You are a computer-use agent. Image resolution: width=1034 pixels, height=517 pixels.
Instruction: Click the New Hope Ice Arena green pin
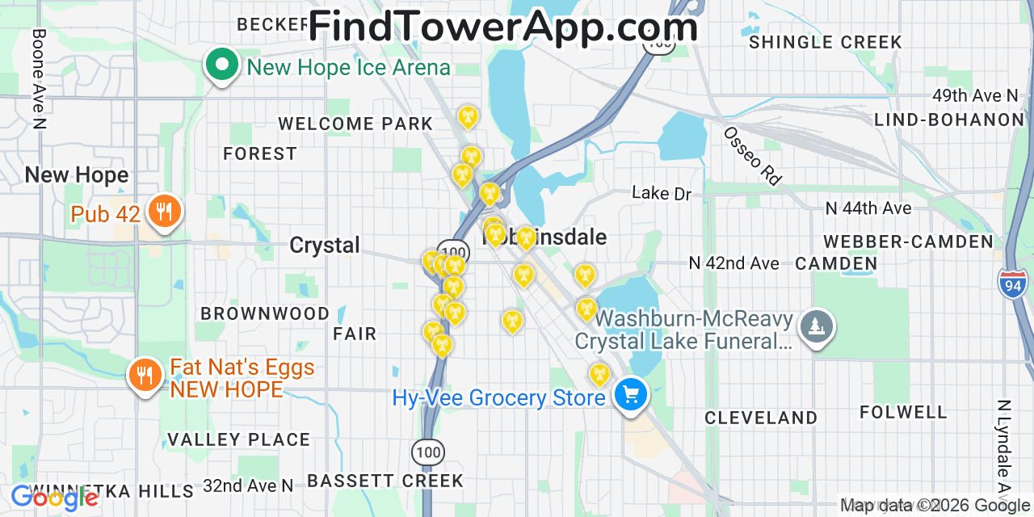(221, 65)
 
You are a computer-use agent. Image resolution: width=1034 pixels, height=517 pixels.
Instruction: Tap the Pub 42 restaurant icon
(165, 212)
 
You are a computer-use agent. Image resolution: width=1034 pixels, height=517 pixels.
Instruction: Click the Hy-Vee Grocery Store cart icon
(631, 395)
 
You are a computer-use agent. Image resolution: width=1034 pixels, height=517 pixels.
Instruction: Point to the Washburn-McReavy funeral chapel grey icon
(817, 326)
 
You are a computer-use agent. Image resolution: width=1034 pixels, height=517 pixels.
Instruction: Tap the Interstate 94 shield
(1012, 284)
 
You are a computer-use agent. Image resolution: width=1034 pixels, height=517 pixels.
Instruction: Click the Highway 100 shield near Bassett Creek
(427, 452)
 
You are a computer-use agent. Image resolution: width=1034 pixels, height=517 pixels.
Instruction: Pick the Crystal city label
(325, 246)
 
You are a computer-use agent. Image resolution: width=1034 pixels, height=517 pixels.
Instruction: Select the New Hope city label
(77, 175)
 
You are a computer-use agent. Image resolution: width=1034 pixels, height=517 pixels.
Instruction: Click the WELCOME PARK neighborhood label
(355, 124)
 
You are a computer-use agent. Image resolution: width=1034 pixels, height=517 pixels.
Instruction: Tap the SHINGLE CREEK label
(825, 43)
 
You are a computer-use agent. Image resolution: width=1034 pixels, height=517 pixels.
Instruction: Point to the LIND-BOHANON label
(948, 120)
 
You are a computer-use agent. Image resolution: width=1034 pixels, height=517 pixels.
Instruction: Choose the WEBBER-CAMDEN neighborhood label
(908, 242)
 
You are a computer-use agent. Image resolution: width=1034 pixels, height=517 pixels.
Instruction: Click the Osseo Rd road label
(752, 156)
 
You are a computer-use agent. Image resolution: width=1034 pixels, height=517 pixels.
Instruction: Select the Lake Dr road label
(662, 194)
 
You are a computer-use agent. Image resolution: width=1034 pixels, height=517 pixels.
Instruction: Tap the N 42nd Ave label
(733, 263)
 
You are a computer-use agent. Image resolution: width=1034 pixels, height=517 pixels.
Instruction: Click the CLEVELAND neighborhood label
(761, 418)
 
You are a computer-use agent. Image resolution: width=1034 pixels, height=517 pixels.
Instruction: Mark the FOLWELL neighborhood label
(903, 413)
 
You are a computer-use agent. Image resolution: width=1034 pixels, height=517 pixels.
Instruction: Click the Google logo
(55, 498)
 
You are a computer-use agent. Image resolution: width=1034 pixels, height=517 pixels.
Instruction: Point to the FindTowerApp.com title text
(502, 27)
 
